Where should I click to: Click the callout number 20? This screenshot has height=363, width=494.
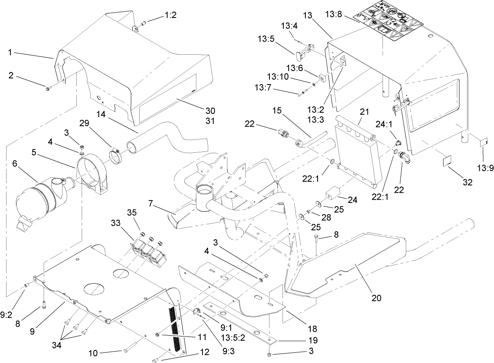point(376,298)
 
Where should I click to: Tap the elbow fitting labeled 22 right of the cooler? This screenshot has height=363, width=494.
point(405,158)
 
